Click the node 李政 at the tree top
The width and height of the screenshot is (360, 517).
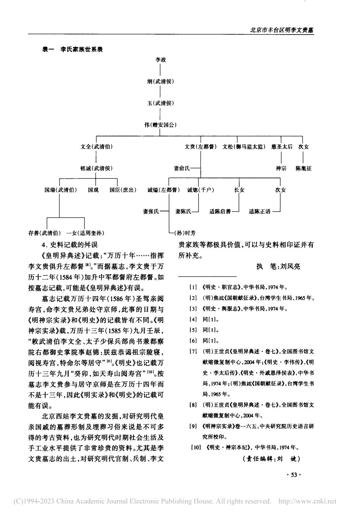coord(161,60)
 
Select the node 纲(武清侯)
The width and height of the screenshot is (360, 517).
coord(161,81)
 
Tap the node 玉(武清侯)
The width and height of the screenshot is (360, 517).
coord(161,103)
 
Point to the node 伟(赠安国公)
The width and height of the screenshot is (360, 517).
coord(161,125)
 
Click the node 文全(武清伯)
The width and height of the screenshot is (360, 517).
coord(96,147)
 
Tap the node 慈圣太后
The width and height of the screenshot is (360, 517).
coord(282,147)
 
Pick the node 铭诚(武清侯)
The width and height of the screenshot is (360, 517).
coord(96,169)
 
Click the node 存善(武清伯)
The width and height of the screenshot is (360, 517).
coord(45,233)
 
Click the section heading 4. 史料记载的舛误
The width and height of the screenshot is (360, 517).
coord(69,244)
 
